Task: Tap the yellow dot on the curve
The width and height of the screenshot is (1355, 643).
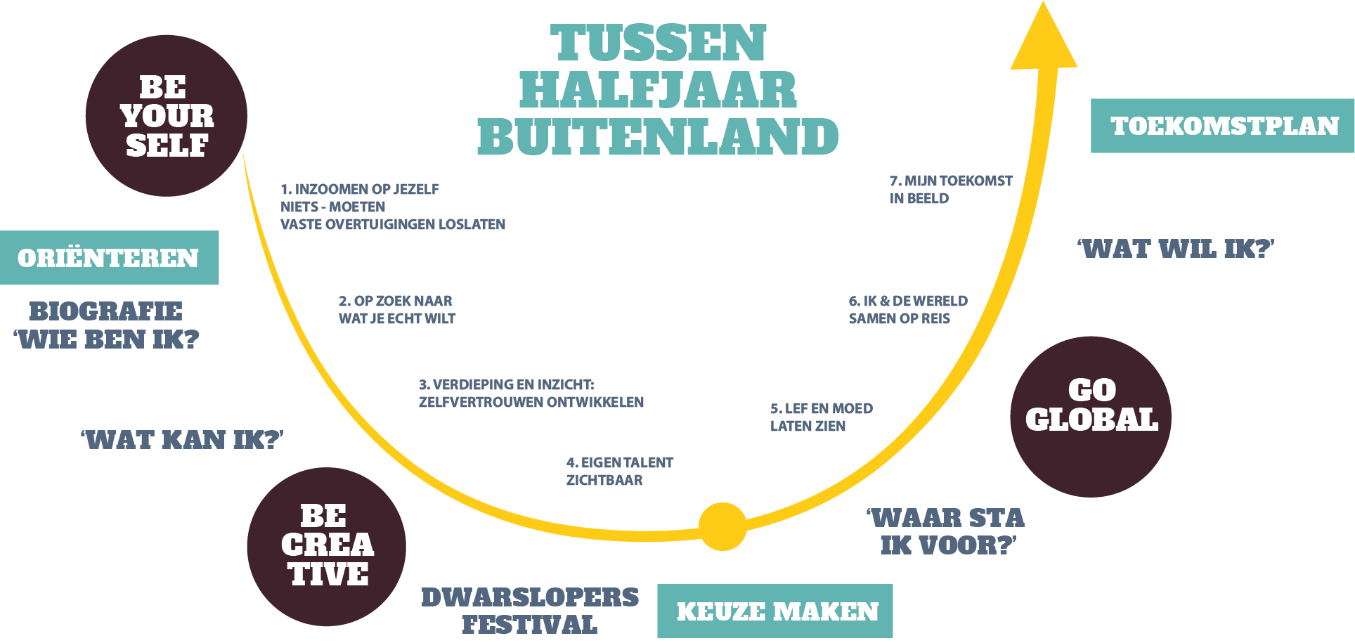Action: [722, 526]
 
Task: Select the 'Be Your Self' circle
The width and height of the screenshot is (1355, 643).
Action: [167, 116]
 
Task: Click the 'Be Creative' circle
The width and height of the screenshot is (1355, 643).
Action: [326, 546]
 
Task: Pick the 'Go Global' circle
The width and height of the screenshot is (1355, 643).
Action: [1091, 416]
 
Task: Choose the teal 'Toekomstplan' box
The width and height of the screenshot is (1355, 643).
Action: [1223, 126]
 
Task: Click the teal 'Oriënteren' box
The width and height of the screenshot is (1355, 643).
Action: [109, 258]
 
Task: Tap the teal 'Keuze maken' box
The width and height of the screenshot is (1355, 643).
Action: [775, 611]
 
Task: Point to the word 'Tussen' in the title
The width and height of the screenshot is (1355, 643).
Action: [658, 43]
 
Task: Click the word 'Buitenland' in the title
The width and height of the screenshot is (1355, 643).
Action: [658, 136]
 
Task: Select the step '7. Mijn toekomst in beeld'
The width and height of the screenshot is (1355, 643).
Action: [950, 190]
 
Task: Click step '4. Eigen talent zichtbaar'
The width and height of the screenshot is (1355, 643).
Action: [619, 472]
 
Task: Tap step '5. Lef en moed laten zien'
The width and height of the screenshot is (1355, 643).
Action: [821, 417]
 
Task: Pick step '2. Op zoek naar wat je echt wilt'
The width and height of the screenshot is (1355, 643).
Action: [396, 310]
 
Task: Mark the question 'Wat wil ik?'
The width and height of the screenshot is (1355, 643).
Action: [1176, 249]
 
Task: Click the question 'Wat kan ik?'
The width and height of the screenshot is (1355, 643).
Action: [182, 440]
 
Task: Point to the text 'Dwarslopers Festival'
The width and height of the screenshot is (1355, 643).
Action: [530, 611]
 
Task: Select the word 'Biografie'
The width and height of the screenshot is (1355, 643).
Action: [105, 311]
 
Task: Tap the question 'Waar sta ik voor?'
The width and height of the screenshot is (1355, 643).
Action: [946, 531]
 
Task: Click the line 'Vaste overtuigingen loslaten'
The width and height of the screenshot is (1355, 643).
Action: [393, 225]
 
